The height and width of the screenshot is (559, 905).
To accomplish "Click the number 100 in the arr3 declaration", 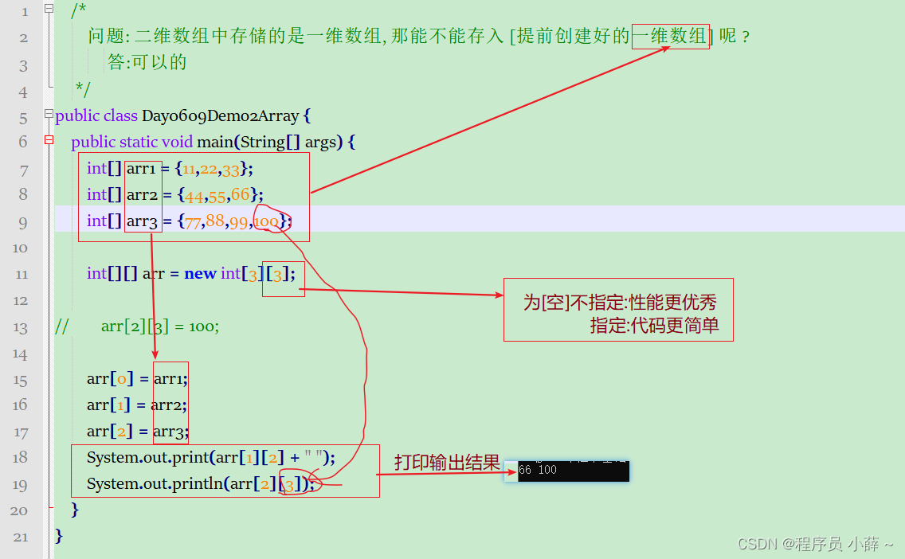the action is click(267, 221).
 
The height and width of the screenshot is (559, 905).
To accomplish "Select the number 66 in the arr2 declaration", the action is click(240, 195).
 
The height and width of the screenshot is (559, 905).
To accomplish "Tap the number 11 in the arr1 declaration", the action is click(189, 169).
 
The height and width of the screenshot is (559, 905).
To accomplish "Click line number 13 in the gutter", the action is click(20, 327).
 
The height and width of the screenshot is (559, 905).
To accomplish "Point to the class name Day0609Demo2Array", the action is click(221, 116).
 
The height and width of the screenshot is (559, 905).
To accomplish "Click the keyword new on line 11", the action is click(201, 274).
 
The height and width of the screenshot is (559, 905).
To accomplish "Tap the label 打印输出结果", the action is click(447, 463).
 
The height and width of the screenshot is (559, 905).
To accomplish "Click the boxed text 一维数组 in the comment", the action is click(670, 37).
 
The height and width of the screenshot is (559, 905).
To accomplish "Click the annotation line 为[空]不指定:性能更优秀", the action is click(620, 302).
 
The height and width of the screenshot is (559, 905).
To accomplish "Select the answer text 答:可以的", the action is click(147, 62).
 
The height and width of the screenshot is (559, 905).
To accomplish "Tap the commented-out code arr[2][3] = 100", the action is click(159, 326).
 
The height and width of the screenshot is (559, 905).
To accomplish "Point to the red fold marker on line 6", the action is click(49, 141).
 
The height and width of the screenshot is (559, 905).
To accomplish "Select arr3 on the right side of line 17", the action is click(170, 432).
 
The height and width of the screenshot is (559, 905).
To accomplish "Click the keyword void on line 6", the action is click(177, 142).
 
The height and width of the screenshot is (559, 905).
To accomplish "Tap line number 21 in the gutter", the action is click(20, 537).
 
